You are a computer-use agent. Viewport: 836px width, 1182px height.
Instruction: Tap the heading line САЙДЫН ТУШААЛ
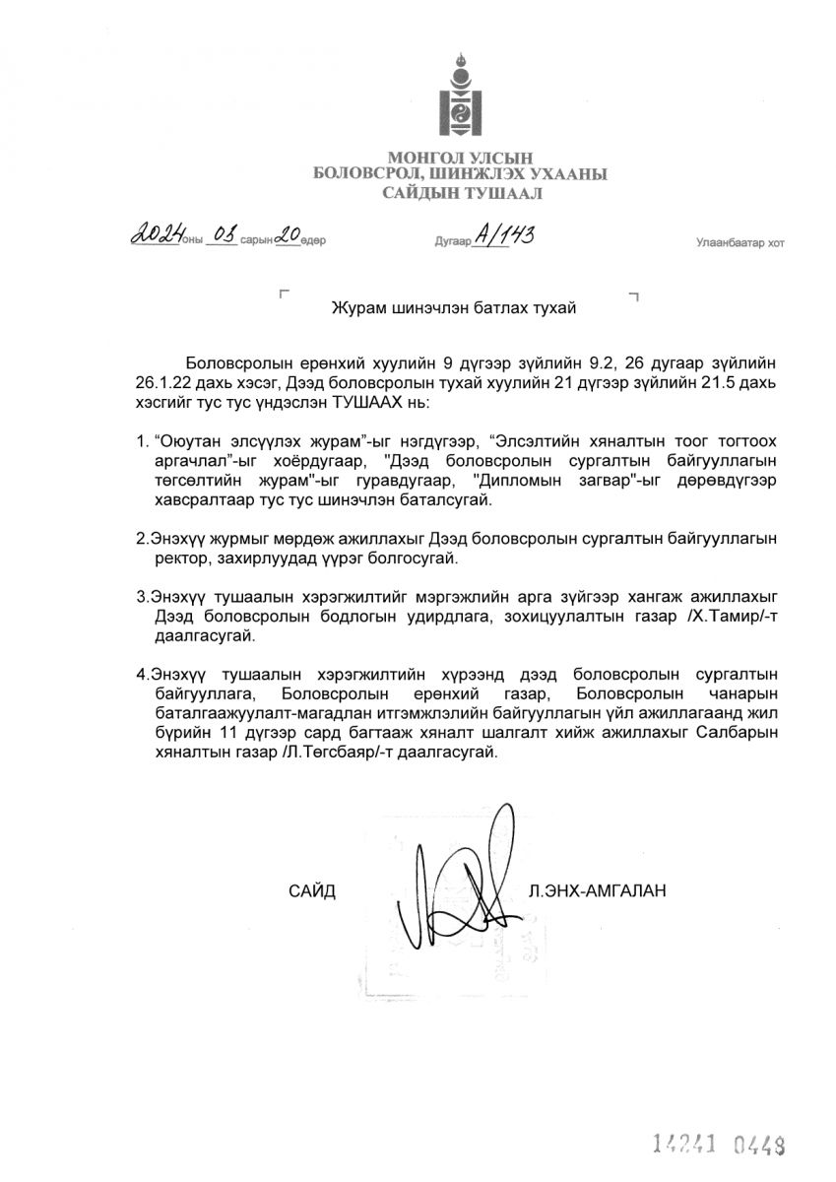pyautogui.click(x=461, y=193)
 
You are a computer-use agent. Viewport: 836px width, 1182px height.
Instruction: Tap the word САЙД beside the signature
pyautogui.click(x=312, y=891)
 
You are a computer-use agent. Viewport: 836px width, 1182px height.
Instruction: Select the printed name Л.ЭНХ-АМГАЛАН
pyautogui.click(x=597, y=891)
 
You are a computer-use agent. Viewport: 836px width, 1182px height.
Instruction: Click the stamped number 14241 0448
pyautogui.click(x=722, y=1144)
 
